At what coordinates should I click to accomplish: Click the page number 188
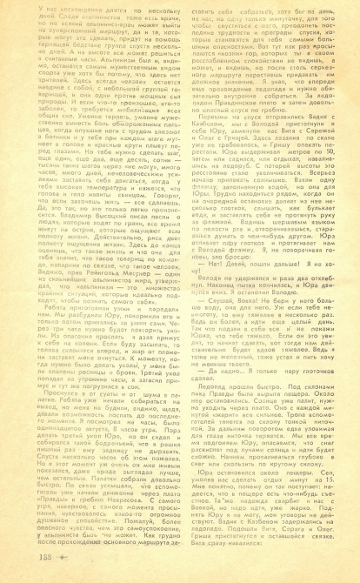[x=19, y=559]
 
